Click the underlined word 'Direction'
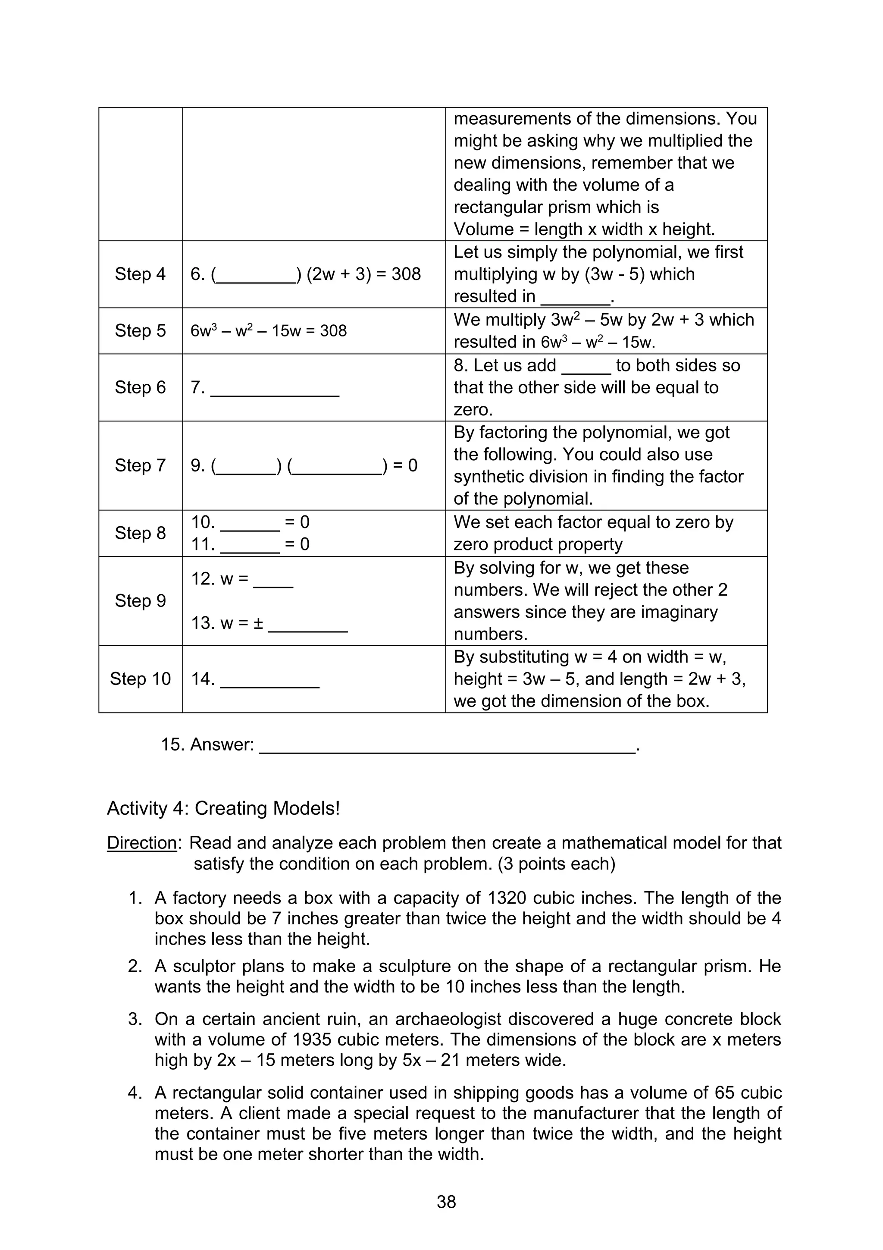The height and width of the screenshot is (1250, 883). (x=141, y=843)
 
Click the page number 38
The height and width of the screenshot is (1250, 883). (x=446, y=1202)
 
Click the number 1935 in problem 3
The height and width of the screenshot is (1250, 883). (x=312, y=1040)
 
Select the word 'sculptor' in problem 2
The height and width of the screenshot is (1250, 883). (x=204, y=966)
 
